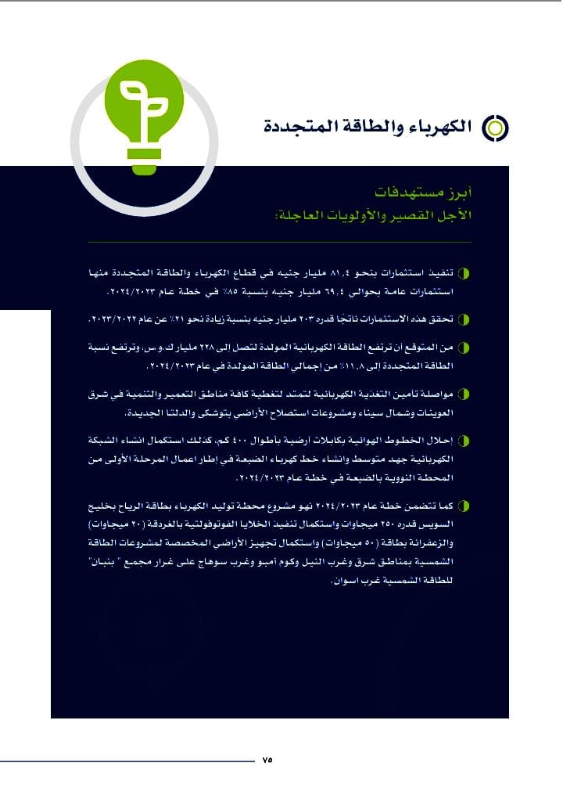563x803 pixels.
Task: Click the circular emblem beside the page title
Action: pos(494,127)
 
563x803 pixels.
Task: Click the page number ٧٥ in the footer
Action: pos(267,760)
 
